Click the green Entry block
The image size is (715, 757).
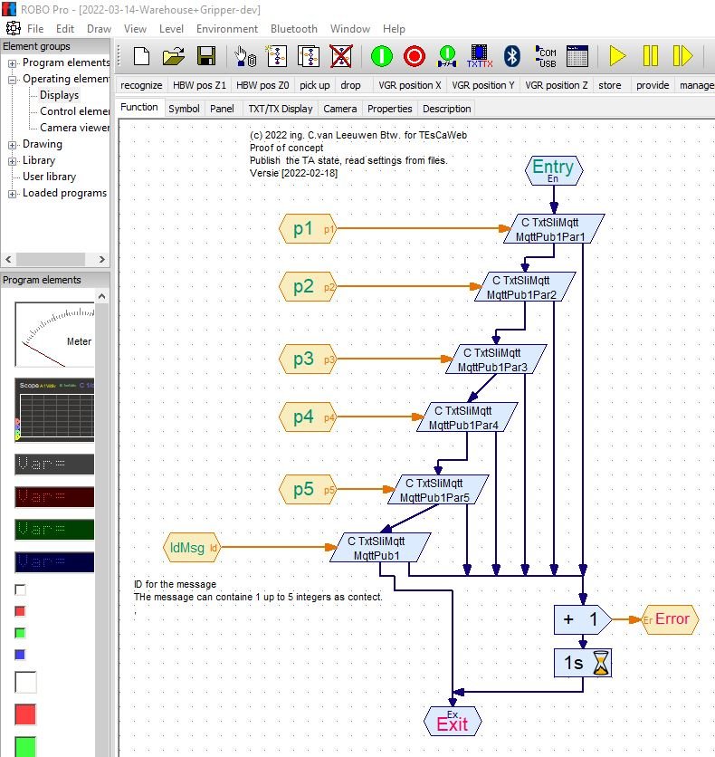tap(553, 169)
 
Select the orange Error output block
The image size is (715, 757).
tap(671, 619)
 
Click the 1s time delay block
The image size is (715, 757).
tap(583, 663)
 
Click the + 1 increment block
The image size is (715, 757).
tap(580, 619)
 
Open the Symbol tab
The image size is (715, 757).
tap(184, 109)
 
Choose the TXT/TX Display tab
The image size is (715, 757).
tap(280, 109)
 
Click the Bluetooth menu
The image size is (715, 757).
tap(293, 29)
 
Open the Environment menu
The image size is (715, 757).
tap(226, 29)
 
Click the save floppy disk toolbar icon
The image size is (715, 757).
tap(206, 57)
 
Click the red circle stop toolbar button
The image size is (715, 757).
tap(414, 57)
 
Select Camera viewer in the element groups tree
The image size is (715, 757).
tap(74, 128)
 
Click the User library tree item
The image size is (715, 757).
tap(49, 177)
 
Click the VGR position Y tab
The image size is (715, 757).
tap(482, 85)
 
